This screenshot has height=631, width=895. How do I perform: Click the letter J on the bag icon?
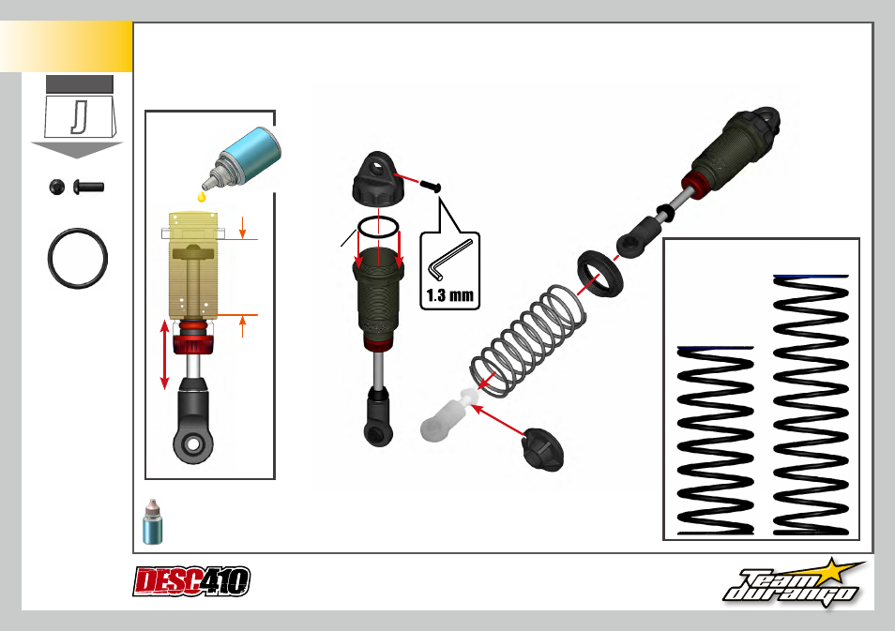80,117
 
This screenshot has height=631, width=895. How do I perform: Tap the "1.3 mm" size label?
449,295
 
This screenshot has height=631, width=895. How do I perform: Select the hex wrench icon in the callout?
450,260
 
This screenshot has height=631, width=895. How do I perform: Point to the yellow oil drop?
201,197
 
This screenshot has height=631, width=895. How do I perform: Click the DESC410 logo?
191,580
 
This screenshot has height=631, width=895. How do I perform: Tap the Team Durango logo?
794,583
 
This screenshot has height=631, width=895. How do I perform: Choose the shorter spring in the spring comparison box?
715,441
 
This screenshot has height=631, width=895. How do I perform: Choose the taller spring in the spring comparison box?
811,405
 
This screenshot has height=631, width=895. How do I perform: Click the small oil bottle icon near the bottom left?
152,521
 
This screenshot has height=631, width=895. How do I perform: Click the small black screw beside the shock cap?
431,186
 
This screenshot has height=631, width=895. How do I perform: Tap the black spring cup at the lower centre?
542,449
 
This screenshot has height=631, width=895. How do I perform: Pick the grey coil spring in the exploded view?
528,340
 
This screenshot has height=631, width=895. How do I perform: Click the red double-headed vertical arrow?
165,354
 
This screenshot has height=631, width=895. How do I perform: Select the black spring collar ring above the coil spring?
599,273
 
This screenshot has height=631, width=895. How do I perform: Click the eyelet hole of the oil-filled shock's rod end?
193,443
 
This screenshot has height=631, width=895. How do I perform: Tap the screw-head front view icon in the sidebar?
57,187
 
